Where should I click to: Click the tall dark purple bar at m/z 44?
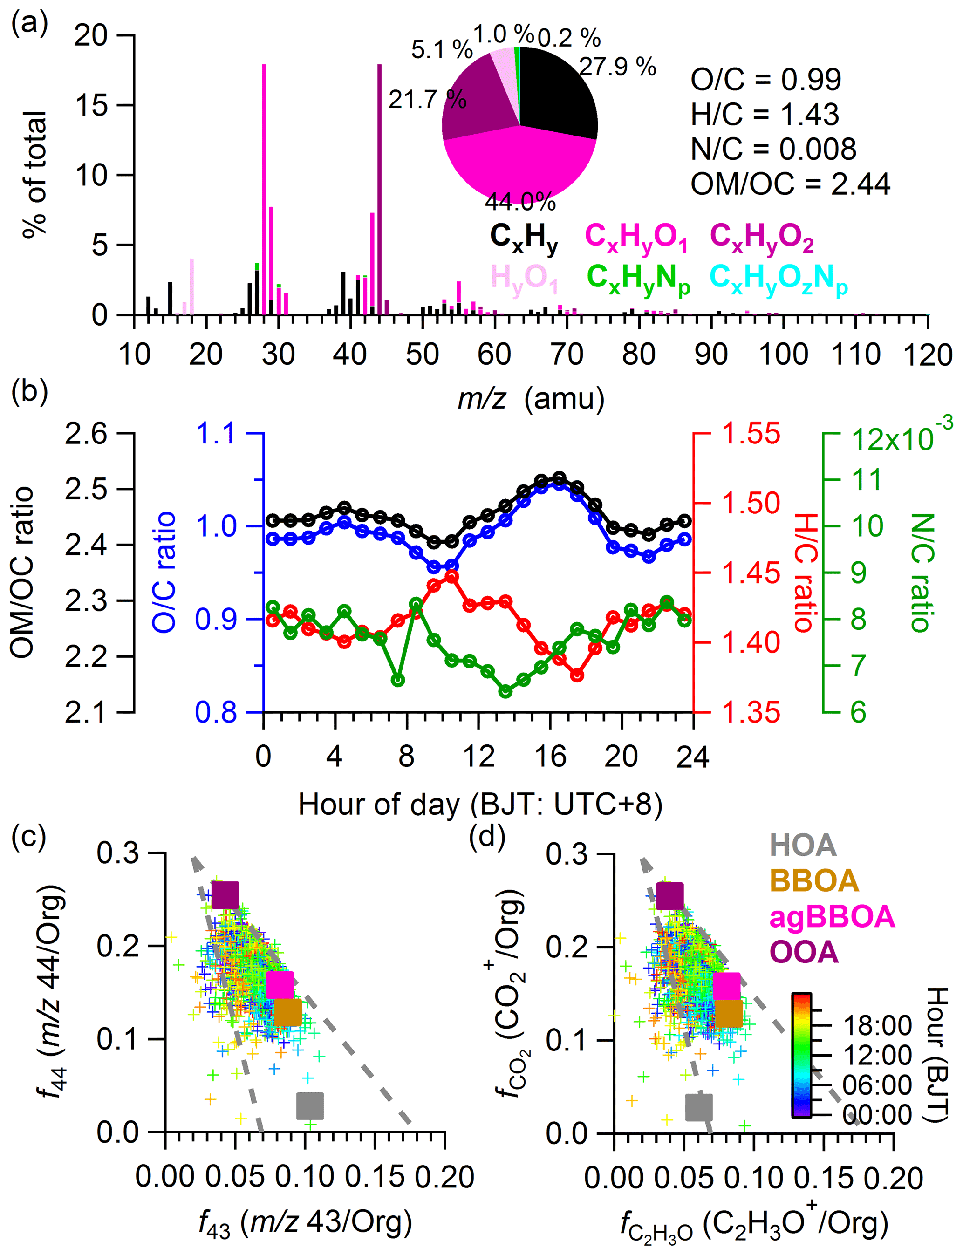(379, 189)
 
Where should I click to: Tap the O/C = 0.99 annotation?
(765, 79)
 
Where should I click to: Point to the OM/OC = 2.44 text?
(790, 184)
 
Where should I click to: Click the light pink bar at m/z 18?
(191, 286)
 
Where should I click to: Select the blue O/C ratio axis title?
(164, 573)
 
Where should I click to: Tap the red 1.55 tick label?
(751, 434)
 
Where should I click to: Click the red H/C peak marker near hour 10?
(451, 577)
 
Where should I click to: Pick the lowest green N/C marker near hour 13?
(505, 692)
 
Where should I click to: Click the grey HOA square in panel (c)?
(310, 1106)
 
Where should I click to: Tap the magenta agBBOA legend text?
(831, 916)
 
